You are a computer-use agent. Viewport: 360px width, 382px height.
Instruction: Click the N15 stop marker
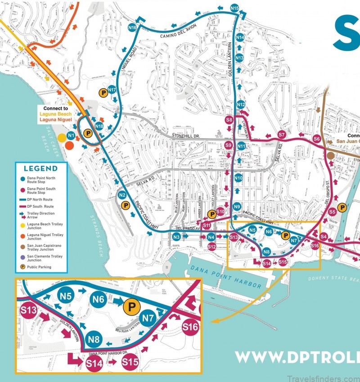pyautogui.click(x=234, y=8)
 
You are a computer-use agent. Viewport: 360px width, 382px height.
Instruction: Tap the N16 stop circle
pyautogui.click(x=132, y=27)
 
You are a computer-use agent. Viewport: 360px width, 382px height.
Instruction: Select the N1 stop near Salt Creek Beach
pyautogui.click(x=71, y=135)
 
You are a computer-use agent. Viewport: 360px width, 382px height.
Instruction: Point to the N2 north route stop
pyautogui.click(x=121, y=195)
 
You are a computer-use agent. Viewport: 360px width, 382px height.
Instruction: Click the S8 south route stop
pyautogui.click(x=229, y=120)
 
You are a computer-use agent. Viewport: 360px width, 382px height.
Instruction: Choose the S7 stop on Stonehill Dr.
pyautogui.click(x=282, y=134)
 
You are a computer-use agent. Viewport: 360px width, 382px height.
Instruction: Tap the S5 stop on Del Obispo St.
pyautogui.click(x=332, y=211)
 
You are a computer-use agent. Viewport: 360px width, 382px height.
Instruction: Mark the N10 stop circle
pyautogui.click(x=238, y=178)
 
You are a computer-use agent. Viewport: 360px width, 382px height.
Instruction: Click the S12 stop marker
pyautogui.click(x=211, y=246)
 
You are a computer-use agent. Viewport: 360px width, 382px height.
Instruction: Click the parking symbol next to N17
pyautogui.click(x=103, y=92)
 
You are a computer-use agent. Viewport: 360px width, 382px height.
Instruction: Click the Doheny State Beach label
pyautogui.click(x=333, y=278)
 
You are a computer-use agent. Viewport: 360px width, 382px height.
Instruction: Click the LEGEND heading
pyautogui.click(x=40, y=168)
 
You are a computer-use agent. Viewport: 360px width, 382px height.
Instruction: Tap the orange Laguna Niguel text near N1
pyautogui.click(x=55, y=120)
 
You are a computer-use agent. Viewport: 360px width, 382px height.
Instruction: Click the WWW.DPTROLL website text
pyautogui.click(x=297, y=357)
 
